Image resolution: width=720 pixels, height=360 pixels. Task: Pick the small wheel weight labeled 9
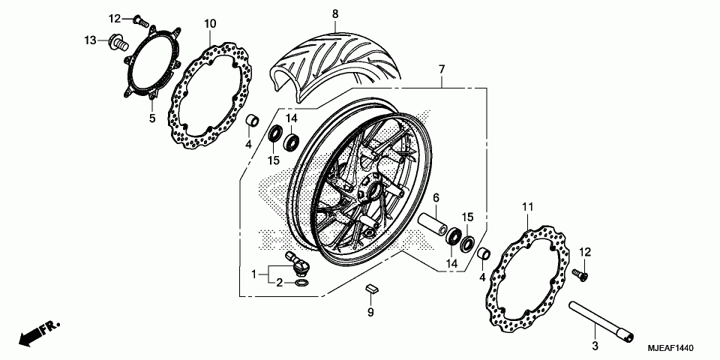(371, 288)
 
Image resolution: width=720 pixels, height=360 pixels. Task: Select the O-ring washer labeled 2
(299, 283)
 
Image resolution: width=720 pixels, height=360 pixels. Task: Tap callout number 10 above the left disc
(210, 23)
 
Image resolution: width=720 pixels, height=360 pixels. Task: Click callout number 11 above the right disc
(527, 206)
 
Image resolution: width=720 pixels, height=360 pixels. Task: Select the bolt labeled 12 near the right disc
(578, 274)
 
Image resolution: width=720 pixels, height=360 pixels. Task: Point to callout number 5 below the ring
(151, 118)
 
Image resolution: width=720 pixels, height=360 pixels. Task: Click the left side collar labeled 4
(253, 120)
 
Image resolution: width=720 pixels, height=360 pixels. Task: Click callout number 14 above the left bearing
(291, 119)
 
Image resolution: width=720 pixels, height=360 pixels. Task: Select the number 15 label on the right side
(466, 217)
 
